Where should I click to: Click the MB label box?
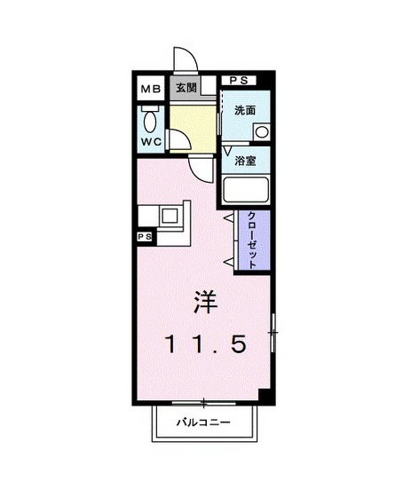149,89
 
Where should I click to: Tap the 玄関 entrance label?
185,88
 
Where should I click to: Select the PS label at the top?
239,80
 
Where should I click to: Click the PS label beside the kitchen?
145,237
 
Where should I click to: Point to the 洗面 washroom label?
245,112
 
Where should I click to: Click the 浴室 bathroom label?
245,161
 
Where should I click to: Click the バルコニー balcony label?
202,422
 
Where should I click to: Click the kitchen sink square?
169,216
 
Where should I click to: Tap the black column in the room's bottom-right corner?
263,395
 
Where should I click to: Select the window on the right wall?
273,333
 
